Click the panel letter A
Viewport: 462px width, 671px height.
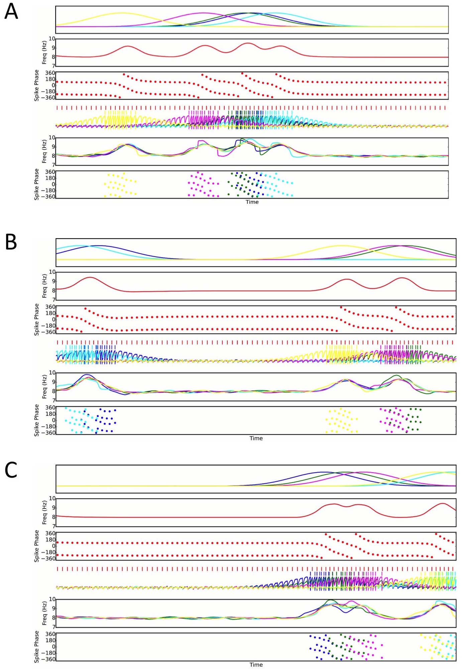(11, 12)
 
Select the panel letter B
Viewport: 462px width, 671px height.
(11, 242)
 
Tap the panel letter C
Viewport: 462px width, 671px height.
(11, 470)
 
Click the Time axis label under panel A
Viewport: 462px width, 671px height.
(252, 202)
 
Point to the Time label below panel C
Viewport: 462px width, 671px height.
(256, 665)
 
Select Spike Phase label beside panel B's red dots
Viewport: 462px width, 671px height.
(37, 319)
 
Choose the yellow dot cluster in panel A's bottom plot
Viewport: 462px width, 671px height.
(120, 184)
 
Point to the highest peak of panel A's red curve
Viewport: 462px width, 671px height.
(247, 43)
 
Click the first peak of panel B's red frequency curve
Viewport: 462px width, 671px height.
(90, 277)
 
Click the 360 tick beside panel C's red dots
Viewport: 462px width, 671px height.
(50, 534)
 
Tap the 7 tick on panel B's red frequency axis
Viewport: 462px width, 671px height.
(53, 300)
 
